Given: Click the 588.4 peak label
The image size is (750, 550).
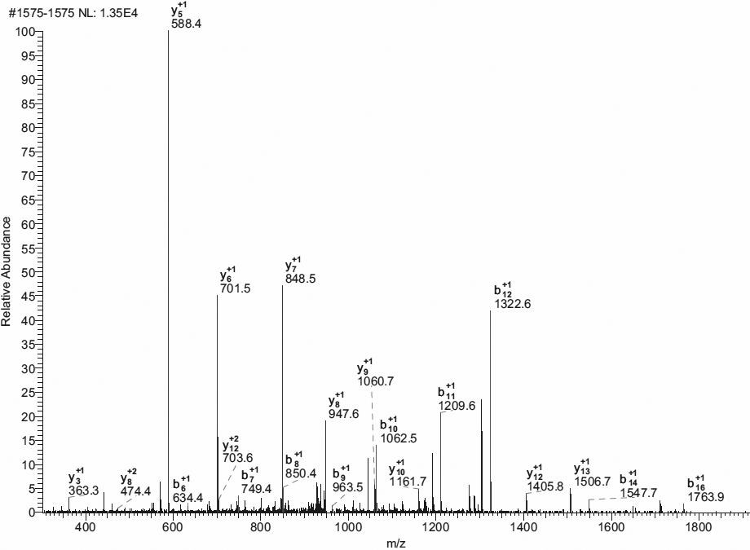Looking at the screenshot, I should click(x=186, y=24).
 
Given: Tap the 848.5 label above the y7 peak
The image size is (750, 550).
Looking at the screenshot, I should click(x=301, y=279).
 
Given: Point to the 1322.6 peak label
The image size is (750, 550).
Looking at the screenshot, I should click(x=513, y=304).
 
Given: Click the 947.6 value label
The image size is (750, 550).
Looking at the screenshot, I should click(x=343, y=414).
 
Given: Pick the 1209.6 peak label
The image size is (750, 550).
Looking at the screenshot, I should click(x=457, y=406).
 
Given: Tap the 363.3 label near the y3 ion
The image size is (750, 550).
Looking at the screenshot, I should click(x=84, y=491).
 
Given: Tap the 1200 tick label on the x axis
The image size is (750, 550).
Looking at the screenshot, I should click(x=435, y=527).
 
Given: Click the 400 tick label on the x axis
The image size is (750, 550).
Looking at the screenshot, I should click(x=85, y=527).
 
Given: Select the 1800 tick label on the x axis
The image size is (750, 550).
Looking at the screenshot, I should click(x=698, y=527).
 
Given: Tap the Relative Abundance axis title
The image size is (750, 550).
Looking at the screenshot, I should click(x=7, y=271).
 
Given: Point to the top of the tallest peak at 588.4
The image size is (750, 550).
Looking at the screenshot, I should click(x=169, y=32).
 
